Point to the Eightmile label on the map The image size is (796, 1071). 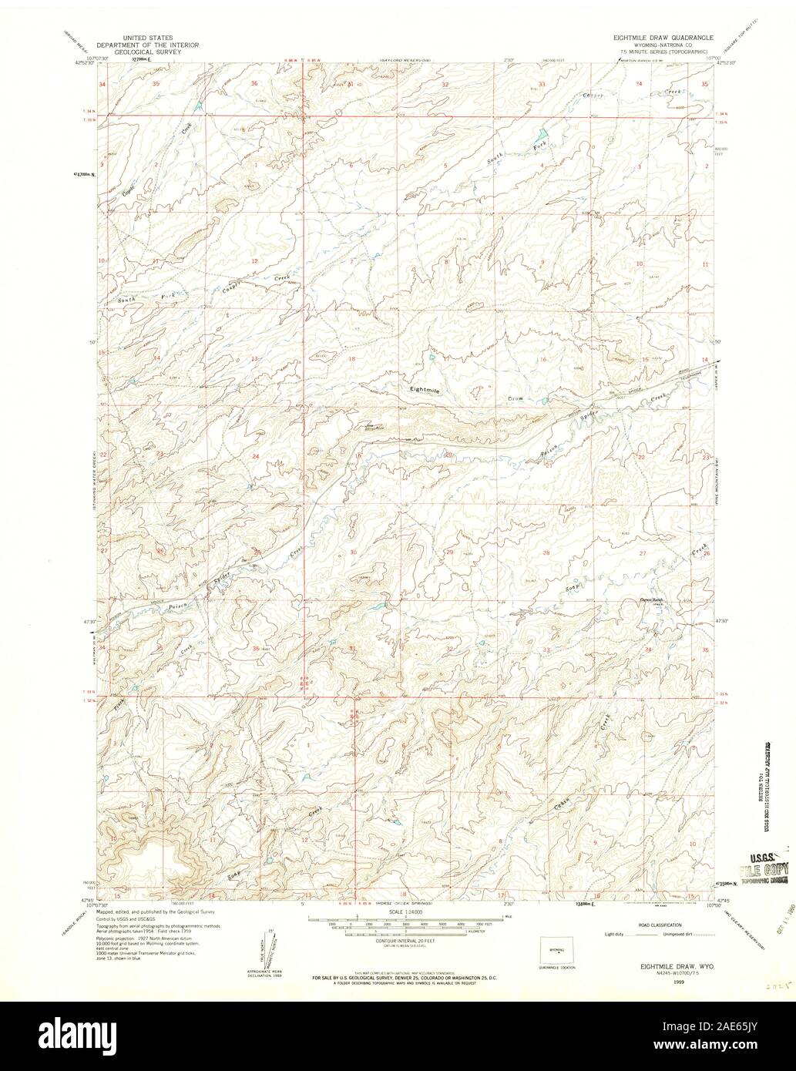[425, 391]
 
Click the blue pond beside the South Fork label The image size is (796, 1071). [541, 133]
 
